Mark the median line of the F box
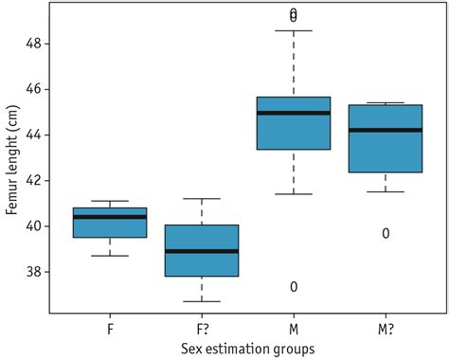(110, 217)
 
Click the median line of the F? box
(202, 251)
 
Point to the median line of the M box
(294, 113)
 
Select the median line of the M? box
(386, 130)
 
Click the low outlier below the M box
(294, 287)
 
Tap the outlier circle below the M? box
(386, 233)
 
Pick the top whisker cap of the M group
(294, 30)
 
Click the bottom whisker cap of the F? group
(202, 301)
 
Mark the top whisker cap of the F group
(110, 201)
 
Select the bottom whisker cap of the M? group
(386, 191)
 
